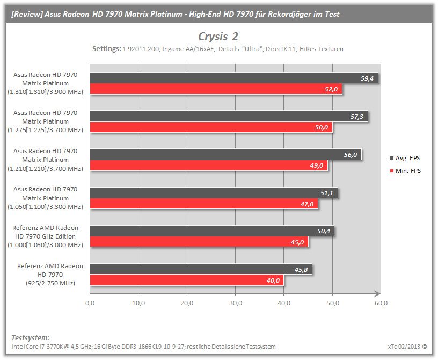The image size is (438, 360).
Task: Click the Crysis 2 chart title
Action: (x=218, y=37)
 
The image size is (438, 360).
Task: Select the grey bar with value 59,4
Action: (x=234, y=78)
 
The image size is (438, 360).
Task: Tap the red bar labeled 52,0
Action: (x=216, y=89)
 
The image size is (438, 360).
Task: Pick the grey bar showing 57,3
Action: (x=229, y=116)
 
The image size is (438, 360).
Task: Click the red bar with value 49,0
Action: (x=209, y=165)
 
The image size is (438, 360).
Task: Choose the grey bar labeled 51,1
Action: (x=214, y=193)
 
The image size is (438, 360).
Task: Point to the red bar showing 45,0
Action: (x=199, y=242)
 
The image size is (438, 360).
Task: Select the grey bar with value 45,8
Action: (x=201, y=269)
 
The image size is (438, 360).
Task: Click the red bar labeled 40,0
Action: (x=187, y=280)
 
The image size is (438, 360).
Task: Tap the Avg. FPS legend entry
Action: (x=405, y=158)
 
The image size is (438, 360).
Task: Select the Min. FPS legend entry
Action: (x=405, y=171)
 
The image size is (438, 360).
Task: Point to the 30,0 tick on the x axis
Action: (x=236, y=303)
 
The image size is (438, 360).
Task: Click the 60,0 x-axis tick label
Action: (x=381, y=303)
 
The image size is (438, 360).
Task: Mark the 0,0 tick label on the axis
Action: (x=90, y=303)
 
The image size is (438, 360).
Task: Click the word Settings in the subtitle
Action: (x=107, y=49)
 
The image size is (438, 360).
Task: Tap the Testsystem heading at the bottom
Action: (x=31, y=337)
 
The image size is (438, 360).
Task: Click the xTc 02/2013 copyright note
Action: (x=407, y=347)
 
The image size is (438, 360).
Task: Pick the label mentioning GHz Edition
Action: (x=45, y=236)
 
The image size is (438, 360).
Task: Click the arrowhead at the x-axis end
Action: (x=377, y=294)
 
